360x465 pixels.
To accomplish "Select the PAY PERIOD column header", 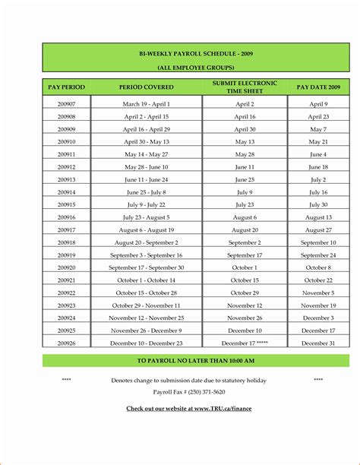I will [66, 87].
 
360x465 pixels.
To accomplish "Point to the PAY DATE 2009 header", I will [317, 87].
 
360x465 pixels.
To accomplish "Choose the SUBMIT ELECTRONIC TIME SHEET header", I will [245, 87].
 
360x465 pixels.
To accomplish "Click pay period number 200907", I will [66, 104].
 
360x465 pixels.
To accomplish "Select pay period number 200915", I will [66, 204].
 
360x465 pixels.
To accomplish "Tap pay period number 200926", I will [66, 343].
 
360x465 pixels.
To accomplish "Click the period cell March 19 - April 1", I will [147, 104].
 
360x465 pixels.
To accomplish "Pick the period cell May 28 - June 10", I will [147, 166].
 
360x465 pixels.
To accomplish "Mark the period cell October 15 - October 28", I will [147, 293].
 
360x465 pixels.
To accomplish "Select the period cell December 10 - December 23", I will [147, 343].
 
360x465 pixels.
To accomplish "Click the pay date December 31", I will [317, 343].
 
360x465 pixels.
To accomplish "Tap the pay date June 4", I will [317, 154].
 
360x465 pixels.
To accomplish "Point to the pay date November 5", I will [317, 293].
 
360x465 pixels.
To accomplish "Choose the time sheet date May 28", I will [245, 154].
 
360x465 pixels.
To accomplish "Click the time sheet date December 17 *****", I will [245, 343].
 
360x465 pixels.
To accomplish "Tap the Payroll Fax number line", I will [188, 392].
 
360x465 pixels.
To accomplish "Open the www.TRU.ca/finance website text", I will [189, 409].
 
